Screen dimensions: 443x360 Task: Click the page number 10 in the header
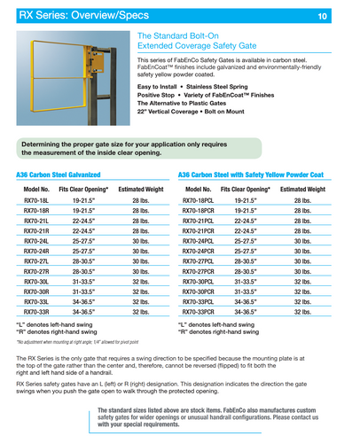345,16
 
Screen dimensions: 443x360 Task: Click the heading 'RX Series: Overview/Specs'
67,15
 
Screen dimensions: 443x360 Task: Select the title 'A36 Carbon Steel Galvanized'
58,175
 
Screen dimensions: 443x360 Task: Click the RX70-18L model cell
36,202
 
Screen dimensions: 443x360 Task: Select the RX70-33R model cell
36,312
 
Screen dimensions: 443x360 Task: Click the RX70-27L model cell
36,261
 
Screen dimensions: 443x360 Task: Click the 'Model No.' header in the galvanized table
36,190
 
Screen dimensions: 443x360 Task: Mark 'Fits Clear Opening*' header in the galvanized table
83,190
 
